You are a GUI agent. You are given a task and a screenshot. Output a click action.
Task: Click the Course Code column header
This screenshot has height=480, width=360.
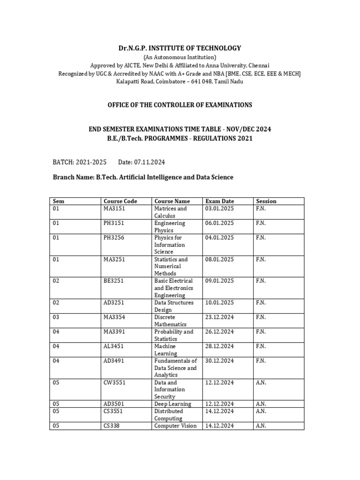120,201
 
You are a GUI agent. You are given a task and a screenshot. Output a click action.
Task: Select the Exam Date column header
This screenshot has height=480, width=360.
219,201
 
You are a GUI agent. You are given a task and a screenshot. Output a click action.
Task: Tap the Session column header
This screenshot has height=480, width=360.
266,201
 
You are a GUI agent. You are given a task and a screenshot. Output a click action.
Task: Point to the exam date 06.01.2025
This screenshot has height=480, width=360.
219,223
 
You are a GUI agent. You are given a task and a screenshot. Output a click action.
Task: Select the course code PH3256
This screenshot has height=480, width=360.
114,238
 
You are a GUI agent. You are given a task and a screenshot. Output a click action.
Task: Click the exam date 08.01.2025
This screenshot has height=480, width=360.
219,259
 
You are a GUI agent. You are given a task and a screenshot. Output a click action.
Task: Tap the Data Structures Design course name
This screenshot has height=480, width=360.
174,306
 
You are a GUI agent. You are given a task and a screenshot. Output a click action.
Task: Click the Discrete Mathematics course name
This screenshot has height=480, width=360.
171,321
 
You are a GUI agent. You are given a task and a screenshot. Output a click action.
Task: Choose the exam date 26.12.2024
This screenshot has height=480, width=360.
219,332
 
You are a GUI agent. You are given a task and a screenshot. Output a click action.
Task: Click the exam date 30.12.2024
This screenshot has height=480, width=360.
219,361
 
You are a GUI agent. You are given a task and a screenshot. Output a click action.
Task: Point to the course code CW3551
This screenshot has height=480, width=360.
114,382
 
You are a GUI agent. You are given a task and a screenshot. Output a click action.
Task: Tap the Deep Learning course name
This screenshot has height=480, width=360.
172,404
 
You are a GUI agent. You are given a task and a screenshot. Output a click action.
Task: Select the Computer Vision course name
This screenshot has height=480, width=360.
175,426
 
